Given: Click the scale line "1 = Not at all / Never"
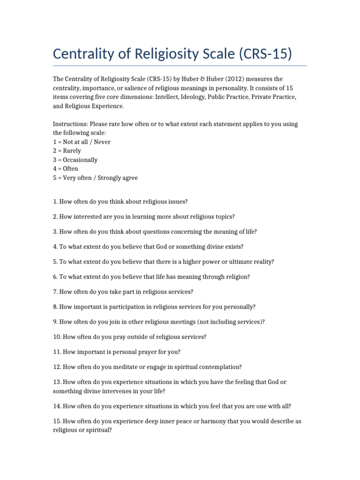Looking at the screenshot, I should click(82, 142).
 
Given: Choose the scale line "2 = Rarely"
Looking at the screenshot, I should click(67, 151).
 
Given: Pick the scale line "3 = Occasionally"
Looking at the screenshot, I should click(75, 160).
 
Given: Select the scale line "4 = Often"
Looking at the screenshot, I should click(66, 169).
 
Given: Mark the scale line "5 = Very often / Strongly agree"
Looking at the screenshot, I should click(96, 178).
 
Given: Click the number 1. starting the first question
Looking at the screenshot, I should click(55, 202).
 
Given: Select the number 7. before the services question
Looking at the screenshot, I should click(55, 292).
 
